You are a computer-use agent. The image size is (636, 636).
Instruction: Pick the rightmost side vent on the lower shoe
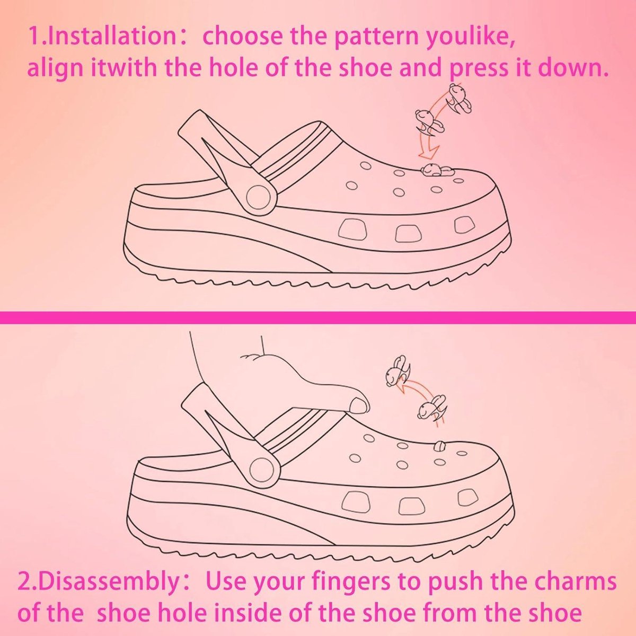(467, 498)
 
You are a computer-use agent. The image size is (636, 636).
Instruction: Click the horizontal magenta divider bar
(318, 317)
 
